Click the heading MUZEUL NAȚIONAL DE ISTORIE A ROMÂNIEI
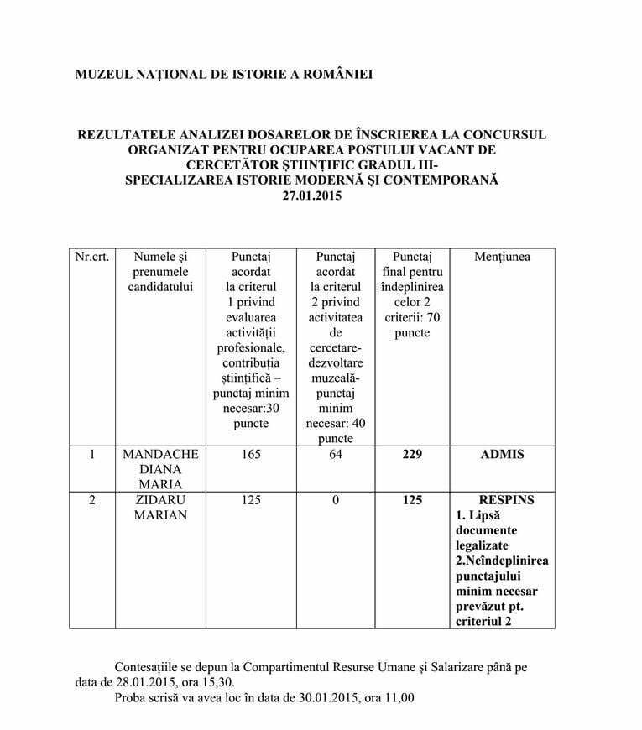coord(224,75)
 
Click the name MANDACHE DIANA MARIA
coord(160,469)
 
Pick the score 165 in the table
coord(250,454)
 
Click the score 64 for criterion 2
coord(336,454)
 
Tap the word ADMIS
coord(502,454)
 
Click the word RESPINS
coord(502,500)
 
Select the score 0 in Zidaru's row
coord(336,500)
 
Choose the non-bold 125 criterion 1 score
coord(250,500)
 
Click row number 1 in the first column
coord(91,454)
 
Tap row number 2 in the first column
coord(91,500)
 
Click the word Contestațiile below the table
coord(152,665)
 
